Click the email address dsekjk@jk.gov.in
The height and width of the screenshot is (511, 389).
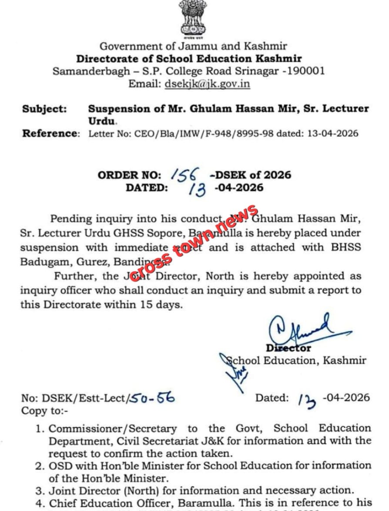click(x=207, y=83)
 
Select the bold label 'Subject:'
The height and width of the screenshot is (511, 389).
click(x=44, y=109)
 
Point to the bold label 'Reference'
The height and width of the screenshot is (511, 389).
click(x=50, y=134)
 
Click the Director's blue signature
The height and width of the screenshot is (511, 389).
click(x=300, y=329)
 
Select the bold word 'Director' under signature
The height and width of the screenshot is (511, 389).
click(x=288, y=348)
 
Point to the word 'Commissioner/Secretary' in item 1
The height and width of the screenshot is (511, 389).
click(x=113, y=429)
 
